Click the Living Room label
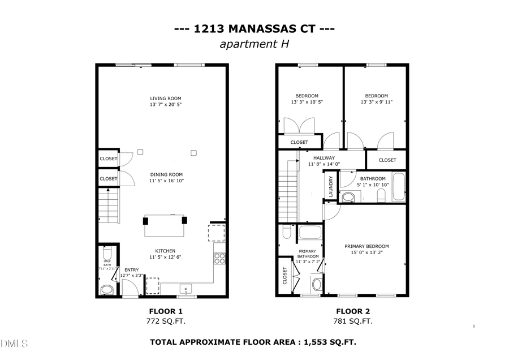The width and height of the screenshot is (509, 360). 166,98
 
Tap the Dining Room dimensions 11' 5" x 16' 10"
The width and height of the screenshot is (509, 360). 166,181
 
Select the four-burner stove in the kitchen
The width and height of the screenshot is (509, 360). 219,259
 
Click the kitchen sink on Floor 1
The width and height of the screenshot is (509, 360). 186,290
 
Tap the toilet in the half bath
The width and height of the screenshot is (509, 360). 106,290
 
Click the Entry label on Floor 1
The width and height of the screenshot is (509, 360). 131,269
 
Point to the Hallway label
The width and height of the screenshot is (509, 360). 325,158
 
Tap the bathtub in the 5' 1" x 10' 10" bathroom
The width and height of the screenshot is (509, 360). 398,187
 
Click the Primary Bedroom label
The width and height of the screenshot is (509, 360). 367,246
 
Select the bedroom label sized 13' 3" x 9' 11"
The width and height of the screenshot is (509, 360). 376,96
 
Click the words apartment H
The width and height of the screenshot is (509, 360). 254,44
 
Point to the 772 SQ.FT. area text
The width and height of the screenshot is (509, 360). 166,321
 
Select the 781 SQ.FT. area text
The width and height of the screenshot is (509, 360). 353,321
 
